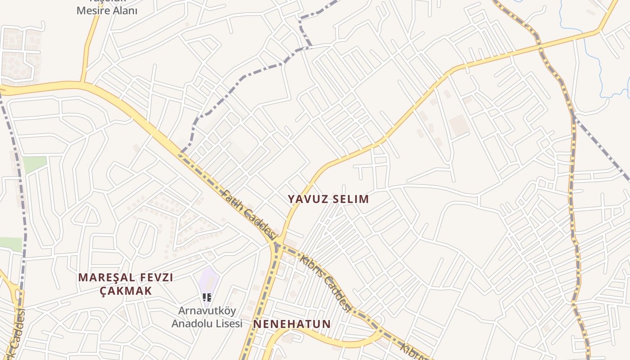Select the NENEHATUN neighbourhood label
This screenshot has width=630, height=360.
tap(292, 324)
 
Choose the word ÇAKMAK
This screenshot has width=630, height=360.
tap(126, 291)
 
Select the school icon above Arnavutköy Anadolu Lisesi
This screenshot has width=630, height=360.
tap(207, 297)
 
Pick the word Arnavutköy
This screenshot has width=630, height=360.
tap(207, 311)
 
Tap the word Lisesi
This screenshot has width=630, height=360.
tap(229, 324)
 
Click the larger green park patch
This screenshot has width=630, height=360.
tap(35, 164)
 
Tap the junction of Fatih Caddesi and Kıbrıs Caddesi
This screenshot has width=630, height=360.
tap(277, 244)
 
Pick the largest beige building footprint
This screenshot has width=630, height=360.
tap(459, 125)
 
